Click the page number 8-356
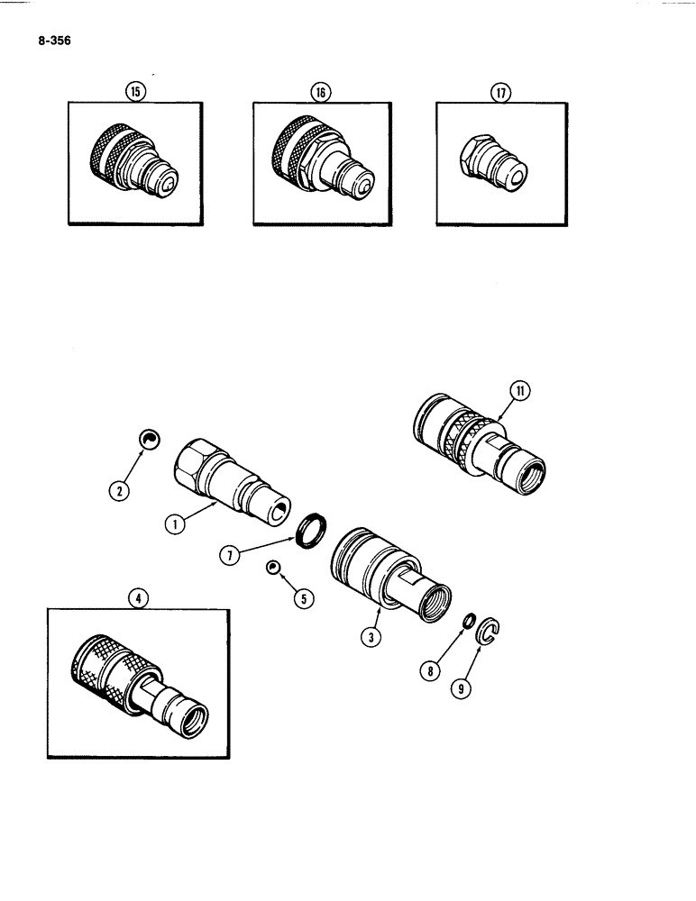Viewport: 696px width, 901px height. [54, 40]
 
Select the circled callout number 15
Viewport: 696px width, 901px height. [136, 91]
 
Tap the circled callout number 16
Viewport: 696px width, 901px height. [319, 91]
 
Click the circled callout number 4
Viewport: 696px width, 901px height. [139, 597]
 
